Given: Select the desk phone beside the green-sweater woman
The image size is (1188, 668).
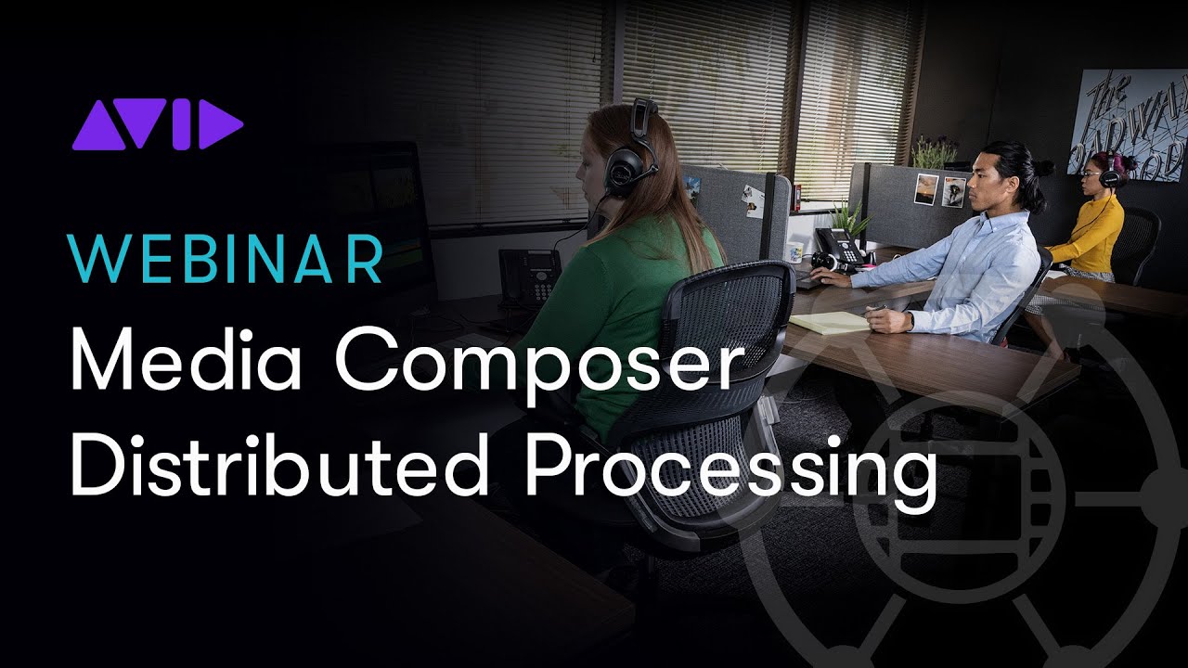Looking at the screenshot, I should pyautogui.click(x=529, y=275).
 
